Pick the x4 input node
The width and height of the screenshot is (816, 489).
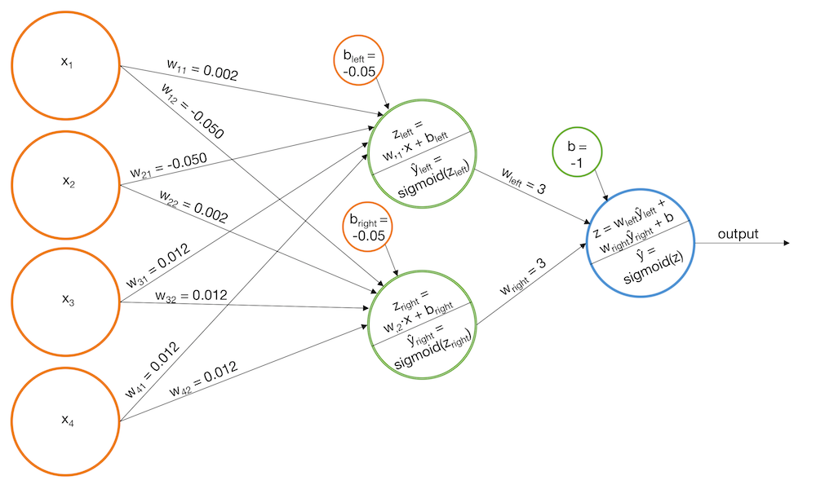tap(67, 421)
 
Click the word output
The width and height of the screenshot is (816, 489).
tap(738, 235)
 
